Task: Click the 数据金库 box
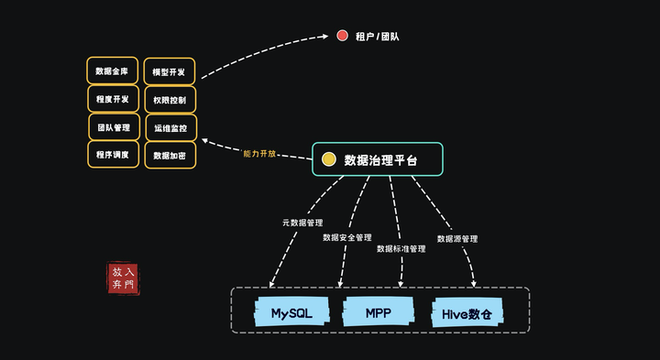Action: click(113, 71)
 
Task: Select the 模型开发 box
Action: click(170, 71)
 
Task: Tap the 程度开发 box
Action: click(113, 99)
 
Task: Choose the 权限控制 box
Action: click(170, 99)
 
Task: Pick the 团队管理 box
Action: click(114, 126)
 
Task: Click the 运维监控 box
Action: click(170, 127)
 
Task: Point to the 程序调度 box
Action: click(113, 155)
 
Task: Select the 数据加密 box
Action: click(170, 155)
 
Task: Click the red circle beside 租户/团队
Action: click(342, 37)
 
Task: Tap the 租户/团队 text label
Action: click(377, 38)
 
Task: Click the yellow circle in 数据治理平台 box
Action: click(328, 159)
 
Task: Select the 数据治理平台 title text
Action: click(380, 159)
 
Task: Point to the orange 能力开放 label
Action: click(259, 153)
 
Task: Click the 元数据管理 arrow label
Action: click(302, 223)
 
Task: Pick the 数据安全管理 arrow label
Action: click(347, 237)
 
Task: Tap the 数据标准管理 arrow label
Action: click(401, 248)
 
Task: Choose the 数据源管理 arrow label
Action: click(456, 238)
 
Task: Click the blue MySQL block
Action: click(291, 312)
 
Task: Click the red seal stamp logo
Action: click(123, 278)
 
